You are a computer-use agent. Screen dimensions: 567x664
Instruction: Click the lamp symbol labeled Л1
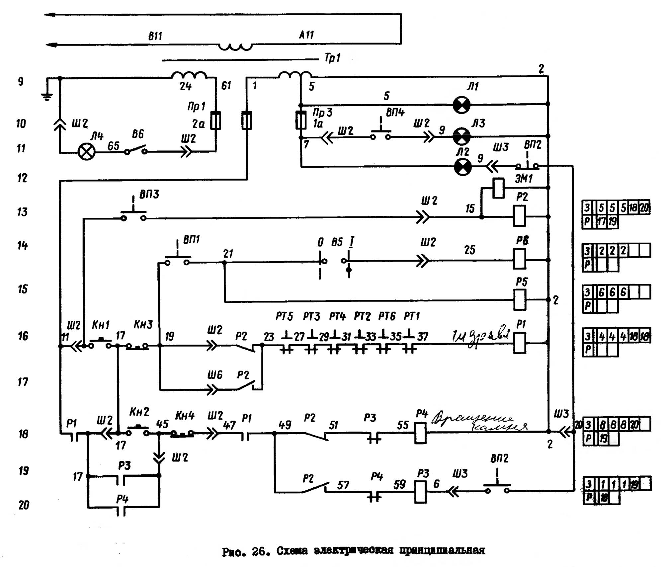462,105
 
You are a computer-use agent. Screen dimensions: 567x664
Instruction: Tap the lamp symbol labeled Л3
462,136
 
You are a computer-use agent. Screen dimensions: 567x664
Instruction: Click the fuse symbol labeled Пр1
216,120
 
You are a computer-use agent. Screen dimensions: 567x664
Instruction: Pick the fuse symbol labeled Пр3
301,120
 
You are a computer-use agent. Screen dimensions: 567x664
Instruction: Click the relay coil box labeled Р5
520,300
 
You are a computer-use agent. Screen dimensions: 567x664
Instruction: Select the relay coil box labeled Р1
520,343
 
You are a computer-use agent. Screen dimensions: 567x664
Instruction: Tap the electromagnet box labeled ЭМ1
498,188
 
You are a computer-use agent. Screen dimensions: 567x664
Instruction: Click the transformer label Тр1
333,58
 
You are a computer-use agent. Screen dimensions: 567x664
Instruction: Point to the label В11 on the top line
155,36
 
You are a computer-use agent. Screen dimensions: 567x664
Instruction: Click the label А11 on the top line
306,35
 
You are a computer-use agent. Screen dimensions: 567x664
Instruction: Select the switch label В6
138,134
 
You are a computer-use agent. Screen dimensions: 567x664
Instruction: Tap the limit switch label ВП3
149,194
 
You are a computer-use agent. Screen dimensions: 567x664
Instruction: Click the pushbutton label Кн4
185,415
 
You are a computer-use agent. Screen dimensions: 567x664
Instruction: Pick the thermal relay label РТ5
284,316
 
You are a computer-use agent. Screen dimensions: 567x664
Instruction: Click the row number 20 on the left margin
24,505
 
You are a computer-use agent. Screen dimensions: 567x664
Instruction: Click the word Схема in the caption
292,551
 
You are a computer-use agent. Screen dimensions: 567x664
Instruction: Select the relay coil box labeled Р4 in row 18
421,433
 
